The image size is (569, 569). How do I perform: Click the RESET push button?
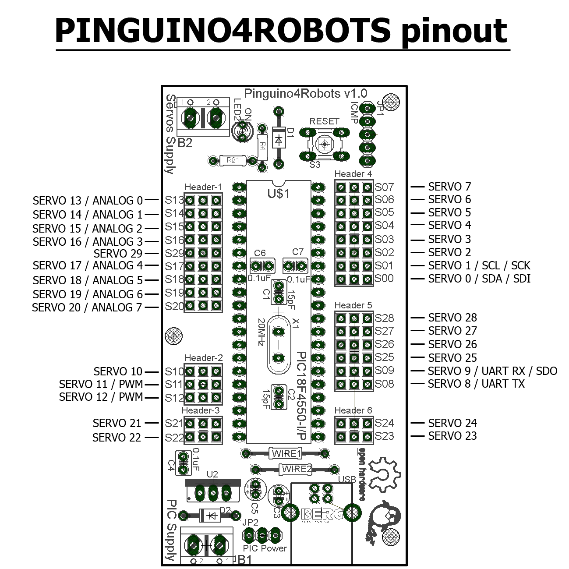(324, 144)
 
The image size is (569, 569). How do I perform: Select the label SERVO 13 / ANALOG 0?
(88, 201)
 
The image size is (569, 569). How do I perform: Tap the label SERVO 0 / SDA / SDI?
(479, 279)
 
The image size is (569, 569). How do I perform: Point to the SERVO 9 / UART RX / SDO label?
(492, 371)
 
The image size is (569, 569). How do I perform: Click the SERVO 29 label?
(118, 253)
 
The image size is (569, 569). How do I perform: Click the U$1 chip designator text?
(279, 193)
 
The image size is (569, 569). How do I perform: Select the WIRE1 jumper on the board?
(286, 453)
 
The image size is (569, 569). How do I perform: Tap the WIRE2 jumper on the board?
(297, 469)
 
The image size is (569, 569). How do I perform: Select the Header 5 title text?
(353, 305)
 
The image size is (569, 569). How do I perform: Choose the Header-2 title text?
(203, 358)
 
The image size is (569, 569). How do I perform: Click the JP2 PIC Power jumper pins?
(262, 534)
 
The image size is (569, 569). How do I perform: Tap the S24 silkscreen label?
(384, 423)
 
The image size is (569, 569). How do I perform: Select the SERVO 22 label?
(117, 438)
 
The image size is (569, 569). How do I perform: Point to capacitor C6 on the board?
(262, 266)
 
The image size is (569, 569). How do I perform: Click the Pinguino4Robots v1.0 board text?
(305, 93)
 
